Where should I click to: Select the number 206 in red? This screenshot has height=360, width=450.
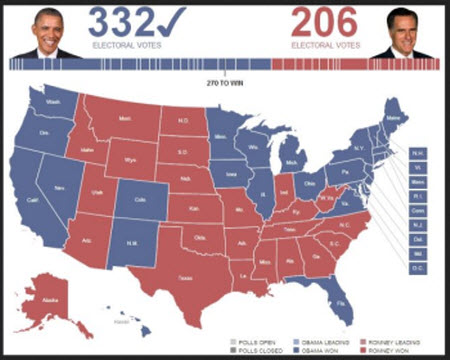(325, 23)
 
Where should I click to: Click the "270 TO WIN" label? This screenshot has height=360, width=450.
(225, 81)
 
